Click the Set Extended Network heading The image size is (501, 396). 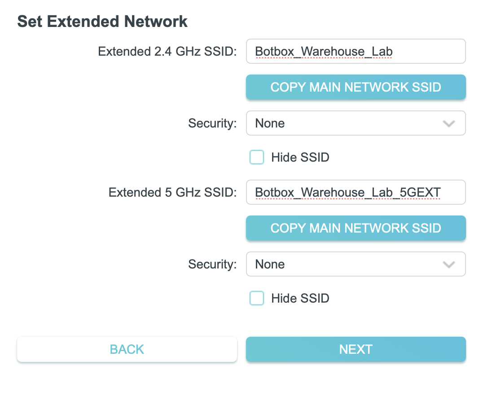pyautogui.click(x=102, y=21)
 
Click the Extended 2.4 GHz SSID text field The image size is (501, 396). pyautogui.click(x=356, y=51)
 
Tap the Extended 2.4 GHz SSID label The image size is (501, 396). pyautogui.click(x=167, y=51)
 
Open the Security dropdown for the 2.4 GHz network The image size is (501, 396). pyautogui.click(x=356, y=123)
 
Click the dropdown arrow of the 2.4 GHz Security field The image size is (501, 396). pyautogui.click(x=448, y=123)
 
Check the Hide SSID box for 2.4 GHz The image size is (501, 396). pyautogui.click(x=257, y=158)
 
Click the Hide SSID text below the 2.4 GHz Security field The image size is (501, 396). pyautogui.click(x=300, y=158)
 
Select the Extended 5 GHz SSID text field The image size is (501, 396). pyautogui.click(x=356, y=193)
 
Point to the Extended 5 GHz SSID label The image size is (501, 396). pyautogui.click(x=172, y=193)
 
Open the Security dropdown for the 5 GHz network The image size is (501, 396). pyautogui.click(x=356, y=264)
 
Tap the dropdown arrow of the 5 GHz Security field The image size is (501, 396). pyautogui.click(x=448, y=264)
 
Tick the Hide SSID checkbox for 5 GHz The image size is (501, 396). pyautogui.click(x=257, y=298)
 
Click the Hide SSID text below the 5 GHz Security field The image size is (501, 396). pyautogui.click(x=300, y=298)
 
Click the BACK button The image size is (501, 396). pyautogui.click(x=127, y=349)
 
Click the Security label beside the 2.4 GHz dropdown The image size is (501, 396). pyautogui.click(x=212, y=123)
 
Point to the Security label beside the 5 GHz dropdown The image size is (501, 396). pyautogui.click(x=212, y=264)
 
